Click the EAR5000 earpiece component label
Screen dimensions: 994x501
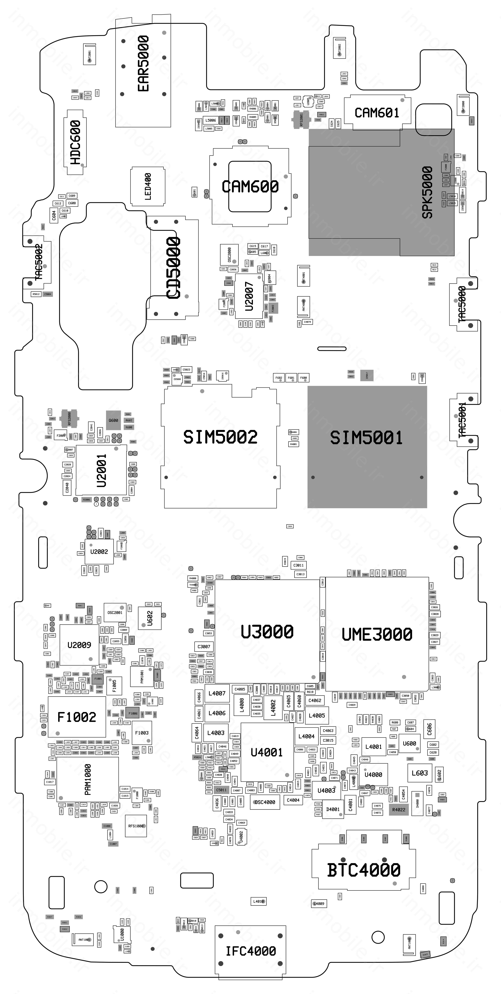(x=143, y=64)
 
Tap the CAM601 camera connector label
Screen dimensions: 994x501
(x=376, y=113)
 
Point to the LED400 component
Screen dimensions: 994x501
(x=148, y=186)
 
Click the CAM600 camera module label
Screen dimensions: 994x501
(x=250, y=187)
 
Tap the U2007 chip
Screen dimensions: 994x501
(x=249, y=296)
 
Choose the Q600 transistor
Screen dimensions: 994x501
(x=113, y=420)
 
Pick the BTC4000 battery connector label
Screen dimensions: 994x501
(x=364, y=870)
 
